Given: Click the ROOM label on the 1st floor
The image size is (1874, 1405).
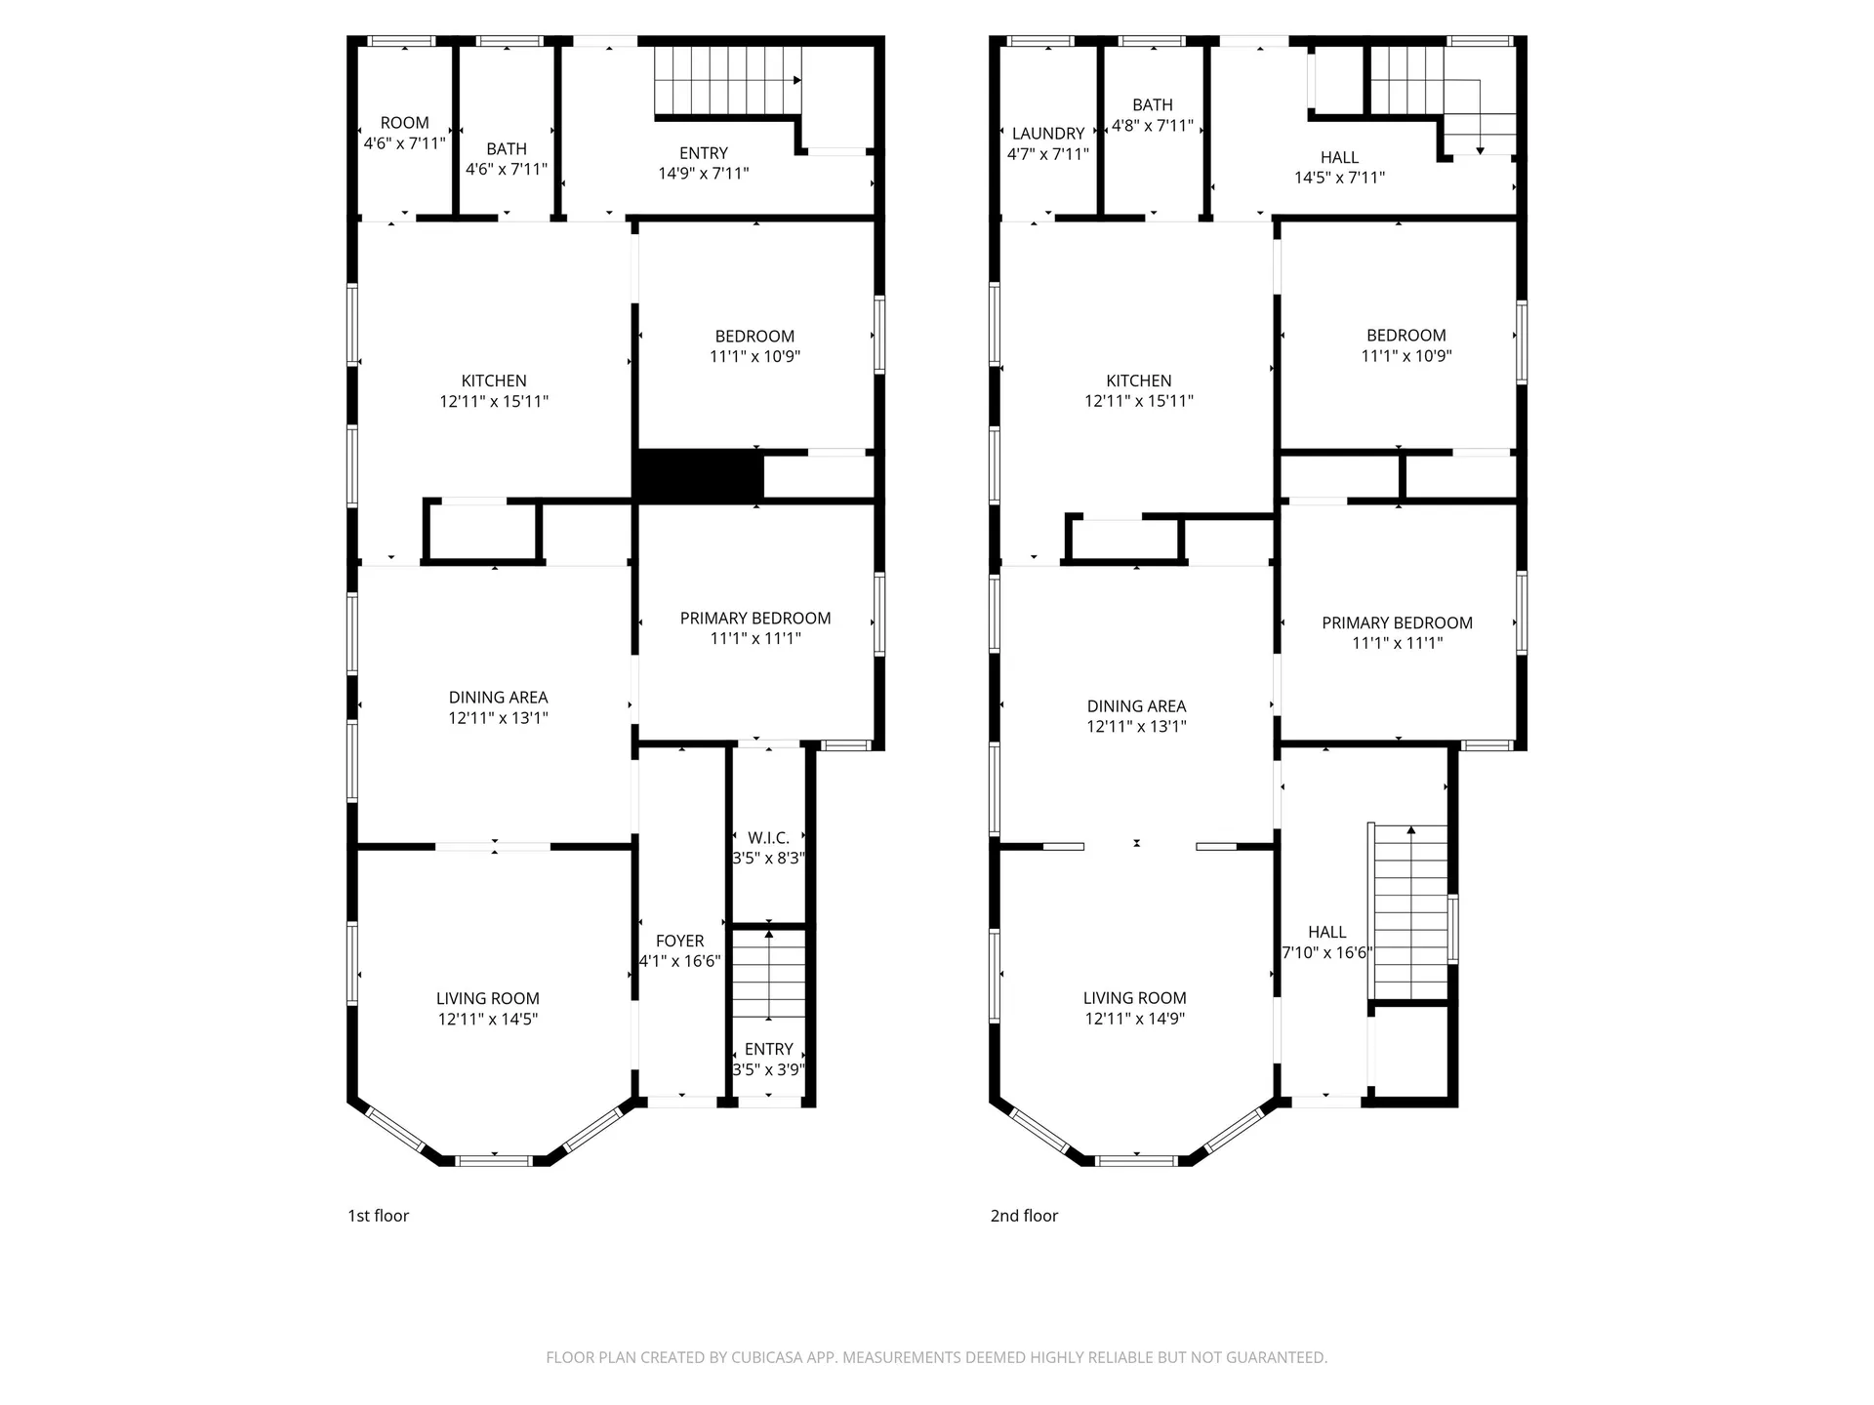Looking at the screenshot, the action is (404, 123).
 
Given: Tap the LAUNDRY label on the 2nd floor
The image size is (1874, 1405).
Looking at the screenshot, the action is (1048, 134).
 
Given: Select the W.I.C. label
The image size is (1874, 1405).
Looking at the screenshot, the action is (768, 838).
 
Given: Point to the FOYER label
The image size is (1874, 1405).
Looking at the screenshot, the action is (679, 942).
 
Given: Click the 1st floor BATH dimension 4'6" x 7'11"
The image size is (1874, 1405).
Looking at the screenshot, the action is (507, 170).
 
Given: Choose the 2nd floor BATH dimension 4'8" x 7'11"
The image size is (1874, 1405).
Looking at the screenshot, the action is (1153, 126).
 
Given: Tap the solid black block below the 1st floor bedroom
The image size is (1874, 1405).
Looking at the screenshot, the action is (698, 475).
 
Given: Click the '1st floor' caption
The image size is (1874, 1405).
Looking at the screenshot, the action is (379, 1216).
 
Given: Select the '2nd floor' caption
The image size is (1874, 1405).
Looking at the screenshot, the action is (1024, 1216).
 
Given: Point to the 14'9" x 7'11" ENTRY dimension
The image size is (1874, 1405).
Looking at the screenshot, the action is (704, 174).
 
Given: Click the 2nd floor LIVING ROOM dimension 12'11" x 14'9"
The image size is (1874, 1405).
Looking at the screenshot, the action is (1134, 1019).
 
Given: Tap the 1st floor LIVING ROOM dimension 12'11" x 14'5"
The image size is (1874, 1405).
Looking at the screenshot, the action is (488, 1020).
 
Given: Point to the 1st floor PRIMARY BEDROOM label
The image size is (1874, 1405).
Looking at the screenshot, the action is (755, 619).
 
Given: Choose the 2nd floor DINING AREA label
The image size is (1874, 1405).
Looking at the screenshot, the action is (1137, 706).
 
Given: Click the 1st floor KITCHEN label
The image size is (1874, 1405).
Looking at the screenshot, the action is (494, 381).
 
